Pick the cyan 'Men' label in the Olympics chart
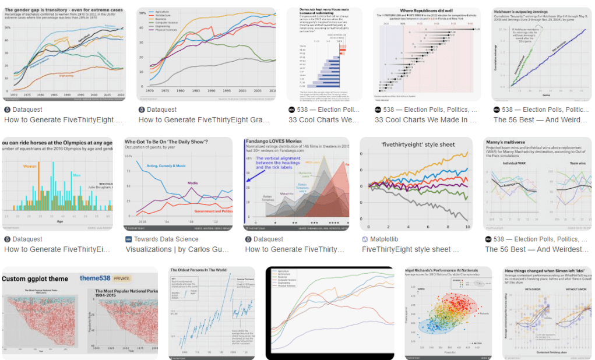pyautogui.click(x=76, y=174)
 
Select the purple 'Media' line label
pyautogui.click(x=193, y=183)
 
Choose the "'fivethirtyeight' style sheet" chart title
pyautogui.click(x=416, y=143)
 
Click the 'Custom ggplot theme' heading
pyautogui.click(x=38, y=278)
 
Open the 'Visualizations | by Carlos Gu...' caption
pyautogui.click(x=181, y=249)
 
